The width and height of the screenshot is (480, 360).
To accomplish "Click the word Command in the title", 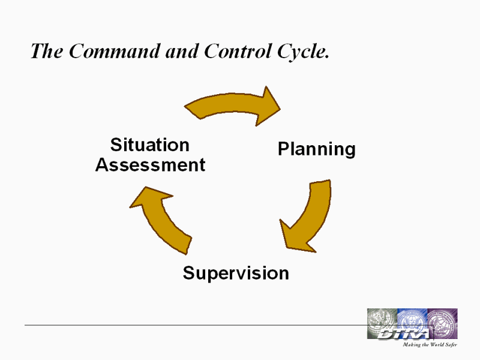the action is (x=114, y=51).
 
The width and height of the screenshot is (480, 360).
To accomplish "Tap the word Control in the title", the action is (x=238, y=51).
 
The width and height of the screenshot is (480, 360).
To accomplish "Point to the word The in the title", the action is (x=47, y=51).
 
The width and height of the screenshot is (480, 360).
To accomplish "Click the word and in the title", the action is (x=182, y=51).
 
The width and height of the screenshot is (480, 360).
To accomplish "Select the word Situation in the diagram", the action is (x=149, y=145).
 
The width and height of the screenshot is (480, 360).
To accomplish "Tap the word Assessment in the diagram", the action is (x=151, y=164).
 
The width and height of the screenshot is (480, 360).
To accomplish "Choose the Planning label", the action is (x=317, y=149).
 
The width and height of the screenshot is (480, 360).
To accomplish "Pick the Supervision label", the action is (x=236, y=273).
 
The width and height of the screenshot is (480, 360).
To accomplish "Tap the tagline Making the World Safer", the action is (x=430, y=344).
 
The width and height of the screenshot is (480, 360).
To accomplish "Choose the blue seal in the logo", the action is (x=412, y=320).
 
